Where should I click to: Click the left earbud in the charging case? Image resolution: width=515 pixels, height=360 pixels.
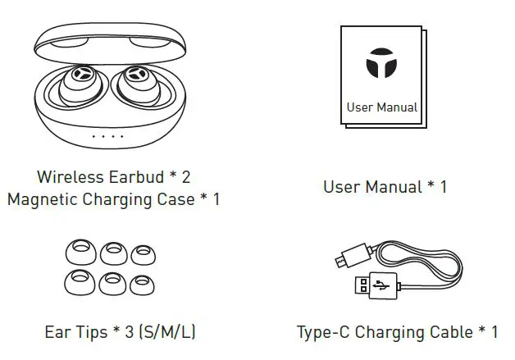pos(78,85)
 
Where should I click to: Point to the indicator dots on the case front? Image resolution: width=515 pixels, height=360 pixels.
pos(107,136)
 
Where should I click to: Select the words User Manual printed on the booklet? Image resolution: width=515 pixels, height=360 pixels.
pos(381,107)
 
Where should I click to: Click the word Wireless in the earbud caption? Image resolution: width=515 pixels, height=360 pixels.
pos(68,176)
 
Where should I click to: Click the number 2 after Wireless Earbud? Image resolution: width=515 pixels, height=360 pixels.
pos(186,176)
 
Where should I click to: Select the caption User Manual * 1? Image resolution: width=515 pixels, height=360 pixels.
pos(385,187)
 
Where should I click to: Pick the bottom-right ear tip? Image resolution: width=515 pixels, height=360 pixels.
pos(141,283)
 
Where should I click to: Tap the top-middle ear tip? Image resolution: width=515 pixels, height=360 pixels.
pos(110,253)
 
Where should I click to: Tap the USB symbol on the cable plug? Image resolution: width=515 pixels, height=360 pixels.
pos(380,286)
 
